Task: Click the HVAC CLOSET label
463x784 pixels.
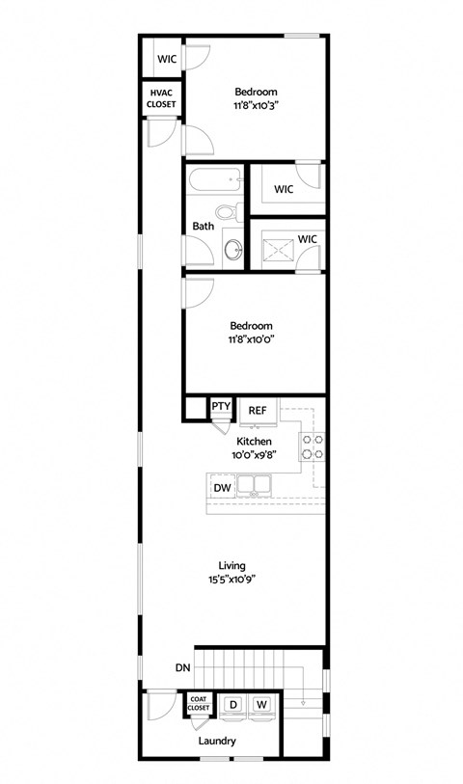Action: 161,96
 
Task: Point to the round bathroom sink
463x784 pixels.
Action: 234,250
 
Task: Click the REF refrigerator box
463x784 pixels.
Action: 258,409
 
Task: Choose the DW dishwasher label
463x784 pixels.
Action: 222,488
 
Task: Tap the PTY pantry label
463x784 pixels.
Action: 221,406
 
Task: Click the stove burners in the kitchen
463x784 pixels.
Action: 313,446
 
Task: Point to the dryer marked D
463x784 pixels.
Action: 231,705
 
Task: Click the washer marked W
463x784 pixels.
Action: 261,705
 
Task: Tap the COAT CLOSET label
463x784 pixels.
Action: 199,704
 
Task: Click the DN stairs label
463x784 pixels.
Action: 183,666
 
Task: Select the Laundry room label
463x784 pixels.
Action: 217,741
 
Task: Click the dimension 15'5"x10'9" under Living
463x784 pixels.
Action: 231,580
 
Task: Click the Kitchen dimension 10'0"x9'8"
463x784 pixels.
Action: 254,455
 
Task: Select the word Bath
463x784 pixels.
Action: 204,227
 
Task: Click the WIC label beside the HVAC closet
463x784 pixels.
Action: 167,59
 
